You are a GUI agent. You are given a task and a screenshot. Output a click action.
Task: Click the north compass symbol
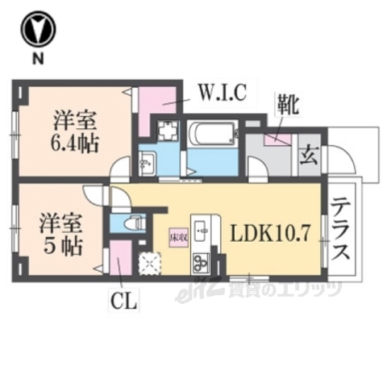pyautogui.click(x=36, y=30)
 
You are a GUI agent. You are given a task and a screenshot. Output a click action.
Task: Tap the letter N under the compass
pyautogui.click(x=36, y=59)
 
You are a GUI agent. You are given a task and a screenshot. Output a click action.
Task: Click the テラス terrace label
pyautogui.click(x=342, y=229)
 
